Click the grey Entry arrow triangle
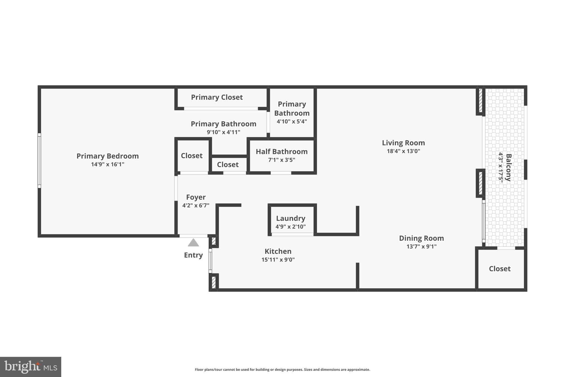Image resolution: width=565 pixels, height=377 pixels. coord(193,242)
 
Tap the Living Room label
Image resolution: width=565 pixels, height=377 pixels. coord(403,143)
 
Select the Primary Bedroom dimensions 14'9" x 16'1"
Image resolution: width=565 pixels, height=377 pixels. coord(108,164)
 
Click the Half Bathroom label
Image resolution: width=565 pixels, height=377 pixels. coord(281,151)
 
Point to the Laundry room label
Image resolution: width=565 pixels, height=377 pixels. coord(291,218)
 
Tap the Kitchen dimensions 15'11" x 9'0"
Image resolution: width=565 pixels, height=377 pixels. coord(278,260)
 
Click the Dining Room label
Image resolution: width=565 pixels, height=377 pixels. coord(421,238)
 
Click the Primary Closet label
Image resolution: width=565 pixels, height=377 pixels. coord(217,97)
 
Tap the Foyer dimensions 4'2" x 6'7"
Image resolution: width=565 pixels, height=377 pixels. coord(196,205)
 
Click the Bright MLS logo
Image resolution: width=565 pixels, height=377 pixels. coord(31,367)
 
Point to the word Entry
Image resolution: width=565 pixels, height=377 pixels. coord(193,255)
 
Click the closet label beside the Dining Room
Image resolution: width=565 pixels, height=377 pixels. coord(500,269)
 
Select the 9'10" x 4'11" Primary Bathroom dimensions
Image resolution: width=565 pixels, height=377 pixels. coord(223,132)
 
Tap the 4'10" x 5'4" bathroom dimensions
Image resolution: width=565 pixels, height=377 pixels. coord(292,122)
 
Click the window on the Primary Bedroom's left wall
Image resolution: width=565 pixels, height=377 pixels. coord(39,161)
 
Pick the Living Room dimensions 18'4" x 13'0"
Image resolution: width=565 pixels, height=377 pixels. coord(403,151)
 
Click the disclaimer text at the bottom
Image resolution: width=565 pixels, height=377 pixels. coord(282,370)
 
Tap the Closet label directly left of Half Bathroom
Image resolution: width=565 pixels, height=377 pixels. coord(228,165)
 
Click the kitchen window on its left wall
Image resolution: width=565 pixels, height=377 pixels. coord(210,261)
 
